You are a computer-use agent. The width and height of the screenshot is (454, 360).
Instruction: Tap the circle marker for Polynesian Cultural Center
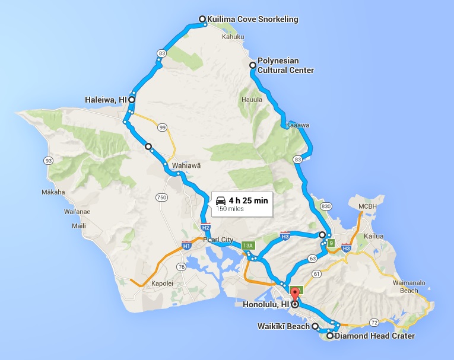252,65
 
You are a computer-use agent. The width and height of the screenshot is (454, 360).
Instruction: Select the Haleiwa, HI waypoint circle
132,100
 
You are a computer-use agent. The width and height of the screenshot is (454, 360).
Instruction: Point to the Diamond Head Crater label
374,336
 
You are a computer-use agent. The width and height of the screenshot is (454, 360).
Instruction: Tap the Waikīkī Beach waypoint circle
315,326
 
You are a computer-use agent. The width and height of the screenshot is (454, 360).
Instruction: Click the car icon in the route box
221,200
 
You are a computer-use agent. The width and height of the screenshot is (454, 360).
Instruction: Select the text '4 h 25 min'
248,200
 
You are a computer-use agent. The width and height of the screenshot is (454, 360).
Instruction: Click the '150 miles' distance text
230,209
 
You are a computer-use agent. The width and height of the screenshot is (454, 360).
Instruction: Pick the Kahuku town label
233,37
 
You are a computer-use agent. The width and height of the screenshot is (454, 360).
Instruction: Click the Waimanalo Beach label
409,287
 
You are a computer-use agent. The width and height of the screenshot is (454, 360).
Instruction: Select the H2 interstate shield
206,227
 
